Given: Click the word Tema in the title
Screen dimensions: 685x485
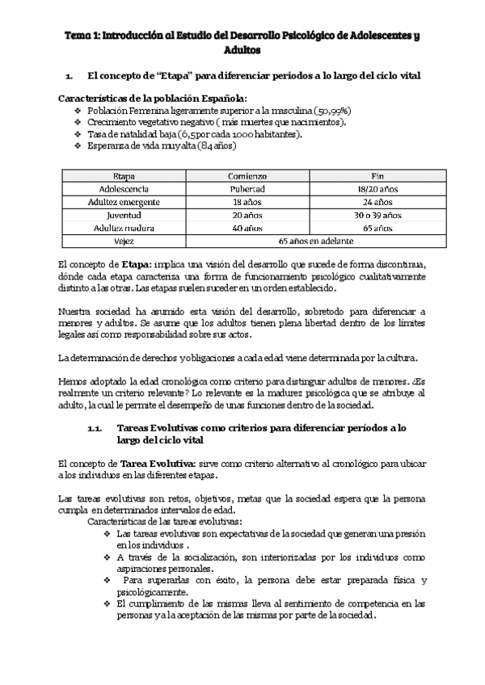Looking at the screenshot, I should point(78,36).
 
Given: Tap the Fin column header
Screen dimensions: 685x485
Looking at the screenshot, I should point(377,175).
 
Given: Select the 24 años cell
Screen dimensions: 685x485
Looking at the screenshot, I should point(377,202).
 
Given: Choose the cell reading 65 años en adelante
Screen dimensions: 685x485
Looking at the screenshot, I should point(315,242).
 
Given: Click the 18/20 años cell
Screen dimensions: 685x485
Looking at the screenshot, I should point(377,188).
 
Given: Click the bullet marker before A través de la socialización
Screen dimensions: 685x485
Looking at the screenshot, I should point(108,557).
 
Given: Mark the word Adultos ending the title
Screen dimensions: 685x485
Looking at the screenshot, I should point(242,49).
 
